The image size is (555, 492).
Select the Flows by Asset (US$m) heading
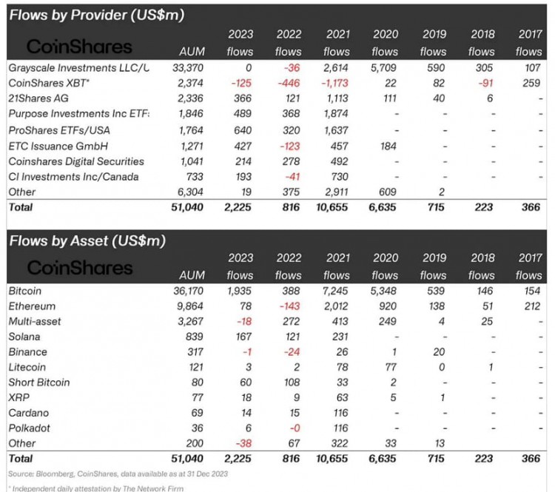(87, 240)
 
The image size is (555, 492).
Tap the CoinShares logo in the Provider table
(79, 47)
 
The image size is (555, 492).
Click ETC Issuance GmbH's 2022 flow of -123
(289, 145)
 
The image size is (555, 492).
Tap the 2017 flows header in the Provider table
(528, 43)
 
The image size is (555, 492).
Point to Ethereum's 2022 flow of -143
(289, 306)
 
